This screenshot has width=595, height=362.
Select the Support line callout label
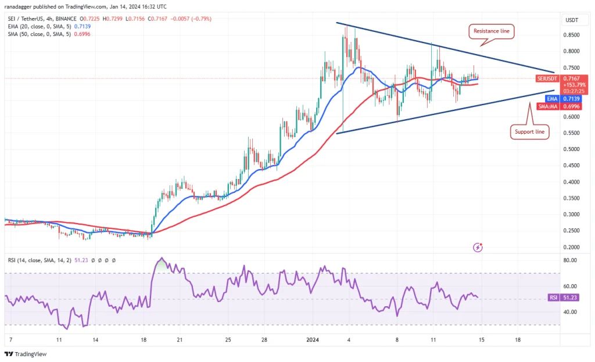tap(529, 132)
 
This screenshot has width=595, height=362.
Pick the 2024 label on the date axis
tap(312, 339)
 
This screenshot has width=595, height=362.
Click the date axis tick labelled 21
tap(180, 339)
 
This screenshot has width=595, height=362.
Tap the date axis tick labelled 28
tap(264, 339)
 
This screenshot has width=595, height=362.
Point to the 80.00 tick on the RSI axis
tap(570, 260)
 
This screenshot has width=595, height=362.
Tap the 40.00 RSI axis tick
tap(570, 312)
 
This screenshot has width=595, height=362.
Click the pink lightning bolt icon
tap(478, 247)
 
